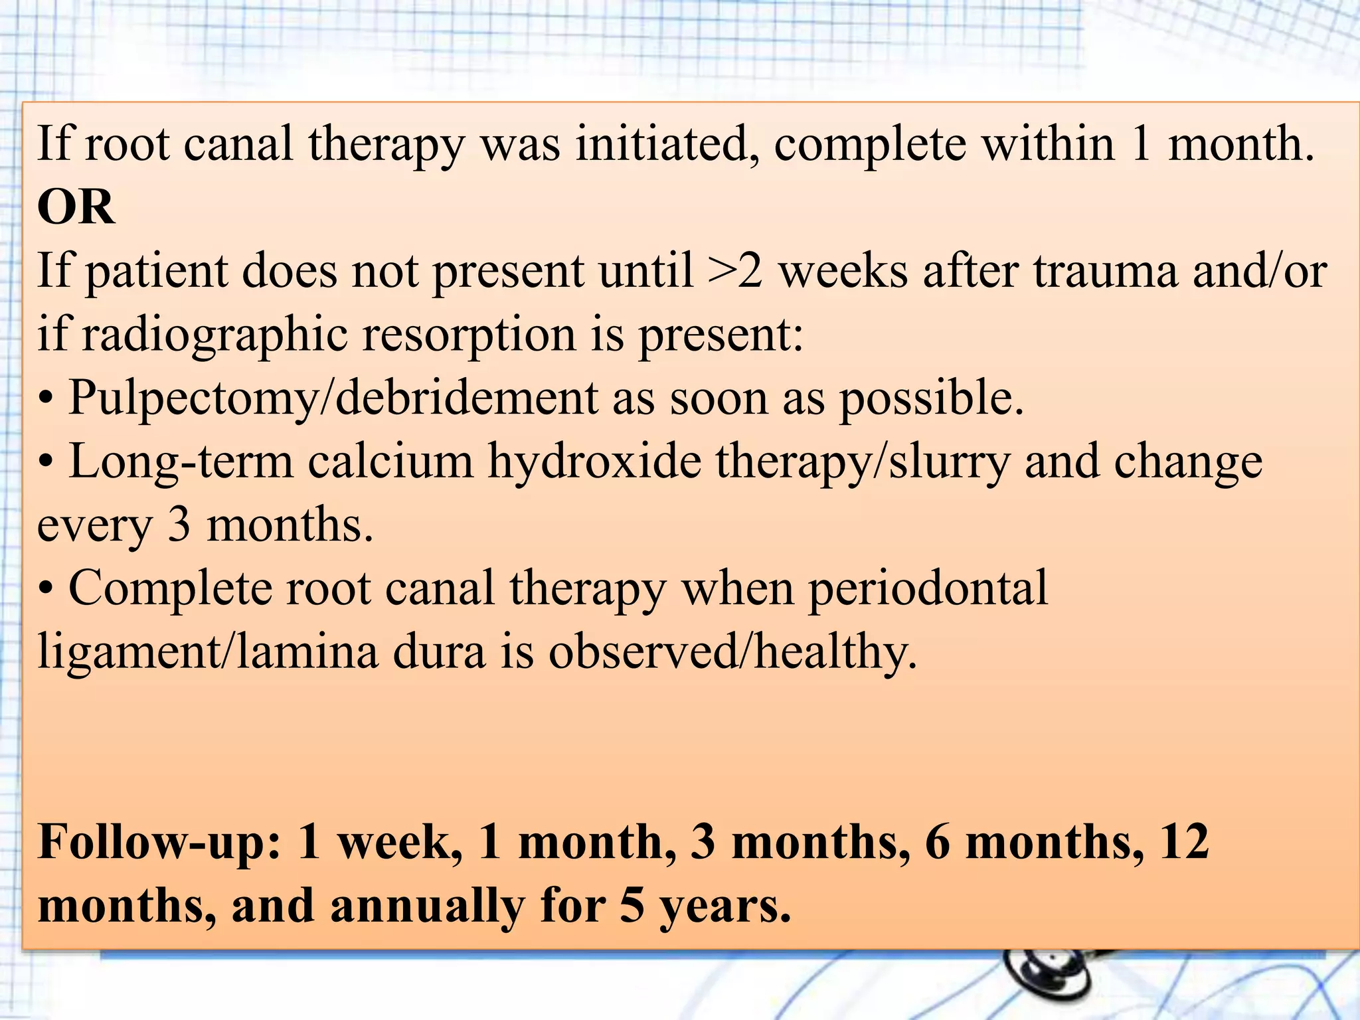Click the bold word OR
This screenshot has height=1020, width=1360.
(76, 207)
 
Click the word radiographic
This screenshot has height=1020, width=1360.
(214, 335)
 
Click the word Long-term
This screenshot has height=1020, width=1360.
(181, 462)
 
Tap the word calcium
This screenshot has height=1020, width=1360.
(390, 462)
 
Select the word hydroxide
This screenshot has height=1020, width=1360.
(595, 462)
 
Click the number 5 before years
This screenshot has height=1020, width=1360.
(632, 907)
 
